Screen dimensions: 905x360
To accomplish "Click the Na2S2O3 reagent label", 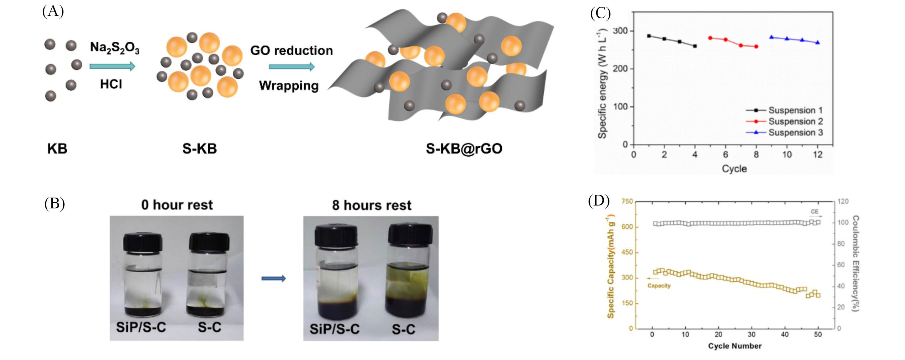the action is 115,48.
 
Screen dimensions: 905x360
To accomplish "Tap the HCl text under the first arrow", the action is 111,84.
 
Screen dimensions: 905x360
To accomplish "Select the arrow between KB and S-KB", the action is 112,66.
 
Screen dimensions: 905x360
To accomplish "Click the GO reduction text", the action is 292,51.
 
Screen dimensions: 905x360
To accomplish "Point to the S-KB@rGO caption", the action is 464,148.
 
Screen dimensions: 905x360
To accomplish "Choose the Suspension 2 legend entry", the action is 785,121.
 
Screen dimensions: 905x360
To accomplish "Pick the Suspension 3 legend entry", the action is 785,133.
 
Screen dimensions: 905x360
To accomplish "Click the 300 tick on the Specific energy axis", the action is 620,31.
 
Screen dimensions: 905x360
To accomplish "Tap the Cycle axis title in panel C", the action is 734,169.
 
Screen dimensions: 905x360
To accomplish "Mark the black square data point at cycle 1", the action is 649,36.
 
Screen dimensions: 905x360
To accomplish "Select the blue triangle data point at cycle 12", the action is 818,42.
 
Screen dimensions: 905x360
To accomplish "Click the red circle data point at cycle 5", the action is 710,38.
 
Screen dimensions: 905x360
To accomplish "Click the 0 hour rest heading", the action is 177,205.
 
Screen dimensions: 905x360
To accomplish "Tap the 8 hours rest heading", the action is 372,205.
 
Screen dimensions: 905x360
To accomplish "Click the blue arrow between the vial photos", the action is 274,278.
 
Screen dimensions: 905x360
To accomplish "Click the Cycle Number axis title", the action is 735,346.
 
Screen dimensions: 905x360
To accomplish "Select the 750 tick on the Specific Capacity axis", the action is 627,202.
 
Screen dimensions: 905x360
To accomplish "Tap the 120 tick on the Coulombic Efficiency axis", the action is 843,202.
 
